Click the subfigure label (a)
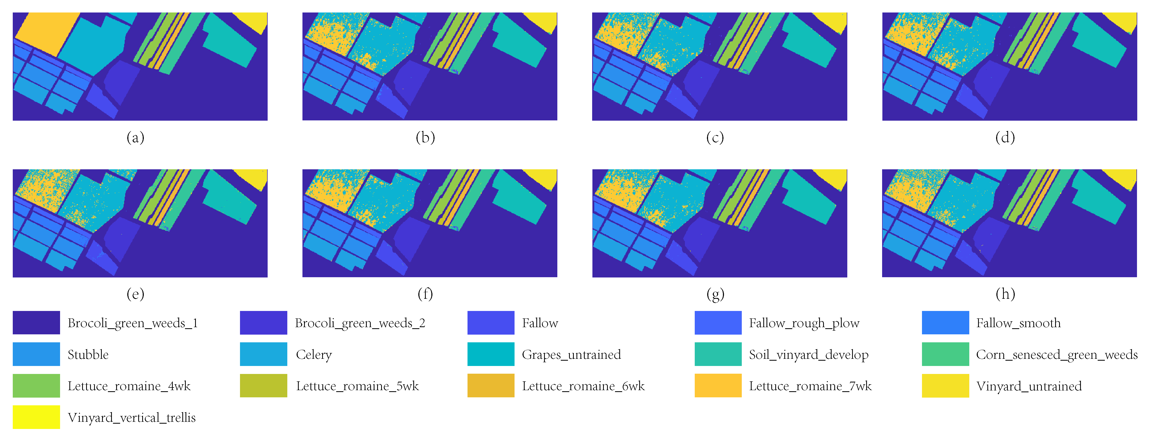[135, 137]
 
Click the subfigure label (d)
[1005, 137]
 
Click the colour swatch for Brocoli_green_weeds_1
[36, 322]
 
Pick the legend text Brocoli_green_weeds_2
[360, 323]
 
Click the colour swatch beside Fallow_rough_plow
[718, 322]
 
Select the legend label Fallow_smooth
[1018, 323]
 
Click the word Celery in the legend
[314, 355]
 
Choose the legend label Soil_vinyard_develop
[808, 355]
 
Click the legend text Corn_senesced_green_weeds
[1057, 355]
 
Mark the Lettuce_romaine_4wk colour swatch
[36, 386]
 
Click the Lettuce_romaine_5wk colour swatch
[263, 386]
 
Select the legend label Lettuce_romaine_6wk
[583, 386]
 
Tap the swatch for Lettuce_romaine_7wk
[718, 386]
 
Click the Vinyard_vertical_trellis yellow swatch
[36, 417]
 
